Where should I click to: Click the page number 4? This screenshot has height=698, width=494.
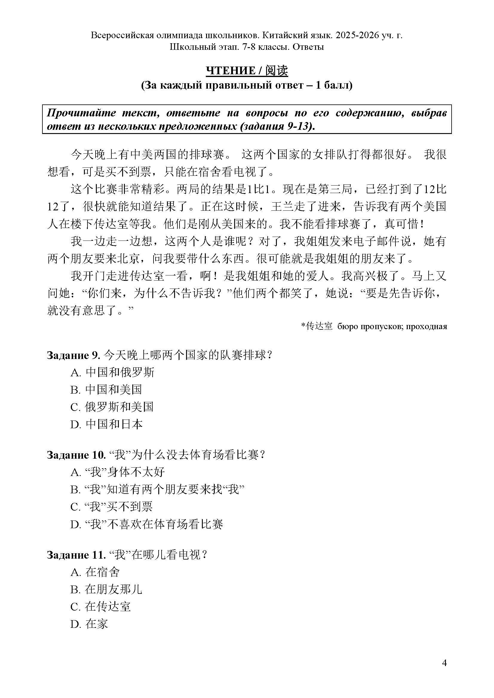coord(444,663)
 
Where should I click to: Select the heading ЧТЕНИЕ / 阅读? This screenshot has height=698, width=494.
coord(247,71)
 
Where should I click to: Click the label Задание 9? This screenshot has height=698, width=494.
coord(73,355)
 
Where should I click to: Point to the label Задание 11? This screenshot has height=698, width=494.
coord(76,555)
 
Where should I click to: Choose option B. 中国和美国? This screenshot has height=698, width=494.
coord(106,390)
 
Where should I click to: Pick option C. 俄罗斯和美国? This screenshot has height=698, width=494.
coord(112,407)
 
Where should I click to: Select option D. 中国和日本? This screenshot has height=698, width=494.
coord(106,424)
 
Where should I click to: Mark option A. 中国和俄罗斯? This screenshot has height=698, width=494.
coord(112,372)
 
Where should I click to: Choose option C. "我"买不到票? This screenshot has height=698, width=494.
coord(112,507)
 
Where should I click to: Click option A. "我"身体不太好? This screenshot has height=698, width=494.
coord(117,472)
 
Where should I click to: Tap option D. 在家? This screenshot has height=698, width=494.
coord(89,624)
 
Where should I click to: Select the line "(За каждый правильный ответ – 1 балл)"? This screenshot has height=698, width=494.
coord(247,85)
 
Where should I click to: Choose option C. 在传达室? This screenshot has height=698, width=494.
coord(100,607)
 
